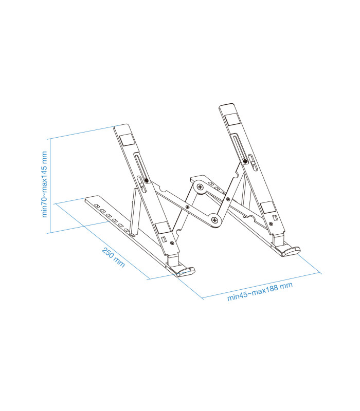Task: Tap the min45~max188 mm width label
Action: (260, 291)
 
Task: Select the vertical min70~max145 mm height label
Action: (45, 184)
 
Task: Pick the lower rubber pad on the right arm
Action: (268, 207)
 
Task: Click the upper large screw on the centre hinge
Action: (199, 188)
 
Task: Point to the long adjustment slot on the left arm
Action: (140, 167)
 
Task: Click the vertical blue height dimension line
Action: (49, 185)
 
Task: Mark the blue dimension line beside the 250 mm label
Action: (103, 241)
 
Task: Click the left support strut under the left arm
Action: (134, 211)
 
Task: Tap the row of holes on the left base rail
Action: (111, 215)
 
